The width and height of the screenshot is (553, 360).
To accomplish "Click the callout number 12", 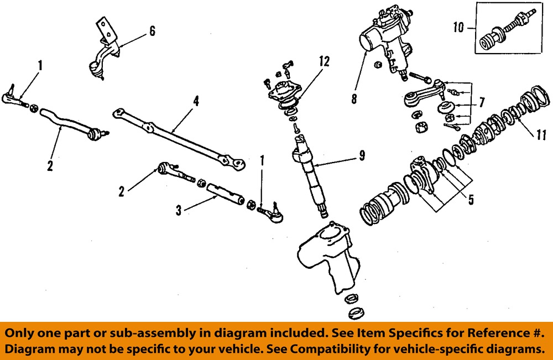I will click(325, 61).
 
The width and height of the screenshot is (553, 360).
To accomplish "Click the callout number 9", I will click(362, 156).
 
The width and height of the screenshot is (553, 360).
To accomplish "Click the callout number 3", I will click(179, 210).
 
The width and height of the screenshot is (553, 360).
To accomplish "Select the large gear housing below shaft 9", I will click(326, 254).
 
